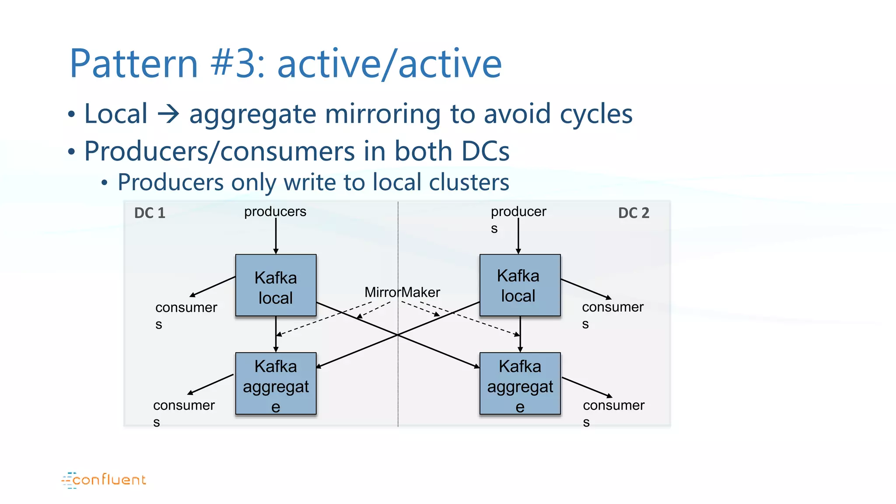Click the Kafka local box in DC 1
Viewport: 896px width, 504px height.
pyautogui.click(x=276, y=286)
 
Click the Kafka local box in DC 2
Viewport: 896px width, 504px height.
pyautogui.click(x=520, y=286)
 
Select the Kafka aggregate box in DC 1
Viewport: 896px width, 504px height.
pyautogui.click(x=276, y=384)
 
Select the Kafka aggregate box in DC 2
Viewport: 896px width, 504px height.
pyautogui.click(x=520, y=384)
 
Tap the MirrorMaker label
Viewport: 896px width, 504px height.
pyautogui.click(x=402, y=292)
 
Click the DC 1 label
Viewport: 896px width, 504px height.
pyautogui.click(x=150, y=213)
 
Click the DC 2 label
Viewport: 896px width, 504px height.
pyautogui.click(x=633, y=213)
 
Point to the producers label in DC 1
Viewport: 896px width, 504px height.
pyautogui.click(x=275, y=212)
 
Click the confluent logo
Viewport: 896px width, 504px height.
pyautogui.click(x=104, y=480)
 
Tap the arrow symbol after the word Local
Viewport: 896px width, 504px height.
pyautogui.click(x=168, y=114)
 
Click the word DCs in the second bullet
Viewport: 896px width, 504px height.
pyautogui.click(x=485, y=151)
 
